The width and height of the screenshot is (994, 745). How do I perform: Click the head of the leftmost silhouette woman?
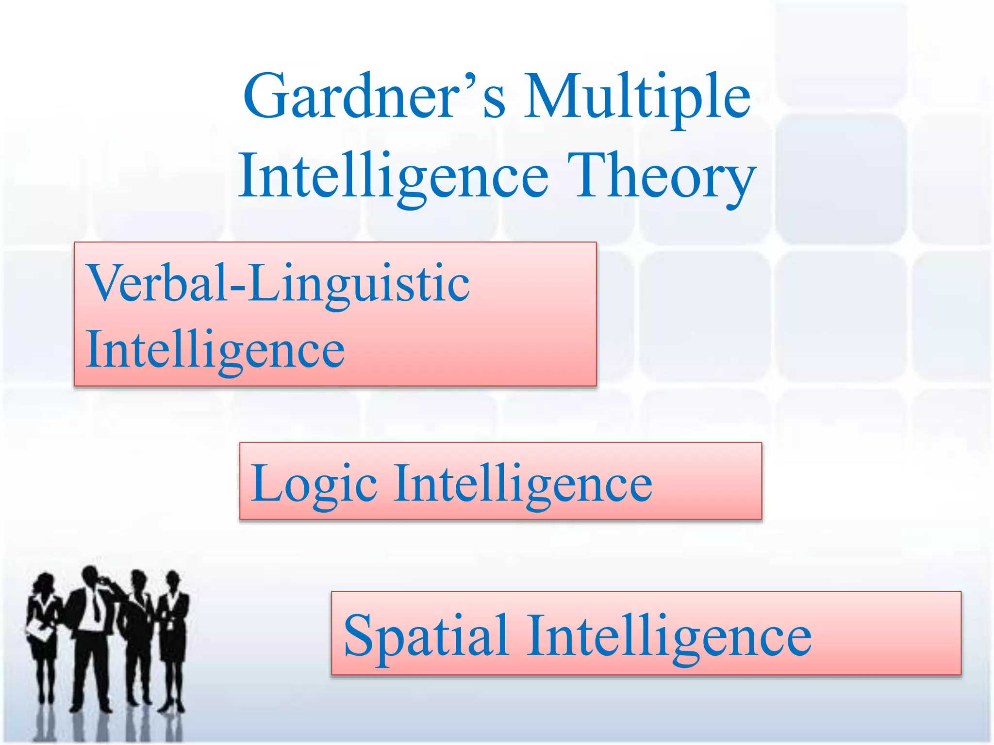click(45, 582)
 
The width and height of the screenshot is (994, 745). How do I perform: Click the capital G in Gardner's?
click(265, 96)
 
